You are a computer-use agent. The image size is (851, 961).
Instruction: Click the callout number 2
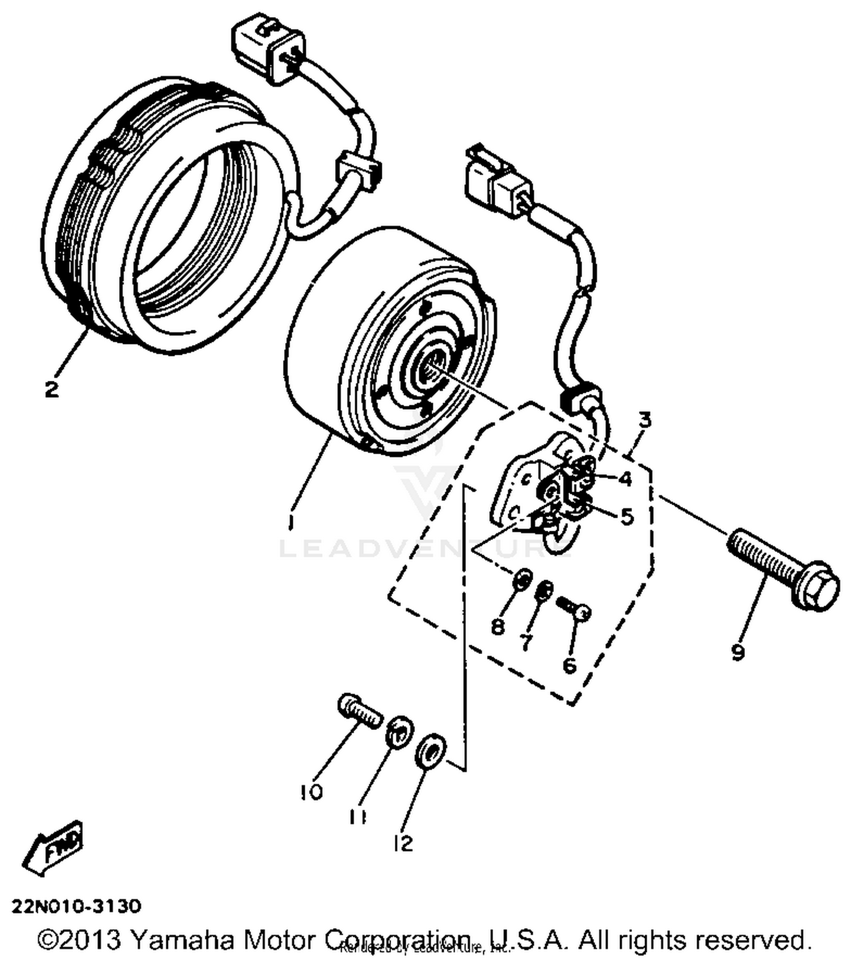(x=51, y=389)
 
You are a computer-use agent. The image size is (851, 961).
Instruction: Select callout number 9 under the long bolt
(x=738, y=653)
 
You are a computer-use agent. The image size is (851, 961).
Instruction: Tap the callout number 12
(x=403, y=844)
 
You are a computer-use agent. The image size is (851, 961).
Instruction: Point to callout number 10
(x=311, y=791)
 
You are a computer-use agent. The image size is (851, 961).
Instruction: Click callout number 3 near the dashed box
(x=644, y=421)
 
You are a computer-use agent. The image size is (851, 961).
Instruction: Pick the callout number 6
(x=570, y=664)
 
